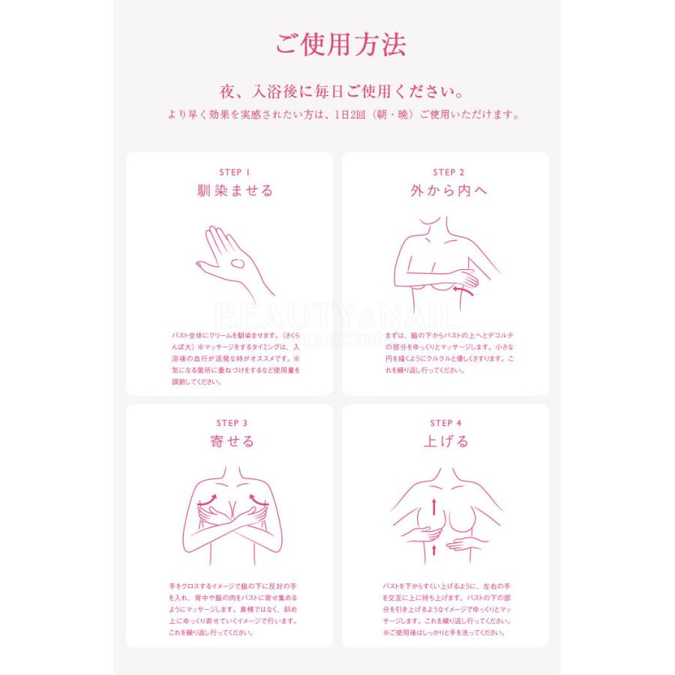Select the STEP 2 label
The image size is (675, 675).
click(448, 172)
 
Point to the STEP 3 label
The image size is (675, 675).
click(232, 423)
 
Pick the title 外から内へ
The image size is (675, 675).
click(448, 191)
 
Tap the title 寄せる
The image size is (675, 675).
click(232, 442)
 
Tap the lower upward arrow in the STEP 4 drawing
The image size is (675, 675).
click(433, 550)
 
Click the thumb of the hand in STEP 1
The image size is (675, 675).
click(206, 264)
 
